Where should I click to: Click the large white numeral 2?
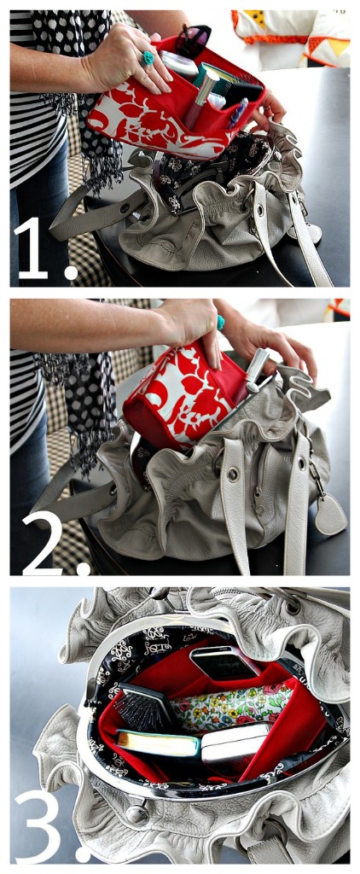[x=41, y=543]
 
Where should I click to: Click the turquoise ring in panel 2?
[x=220, y=322]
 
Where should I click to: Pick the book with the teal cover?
[x=158, y=743]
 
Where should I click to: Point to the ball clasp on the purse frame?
[x=136, y=815]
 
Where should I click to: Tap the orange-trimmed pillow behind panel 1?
[x=291, y=36]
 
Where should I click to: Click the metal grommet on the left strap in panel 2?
[x=232, y=475]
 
